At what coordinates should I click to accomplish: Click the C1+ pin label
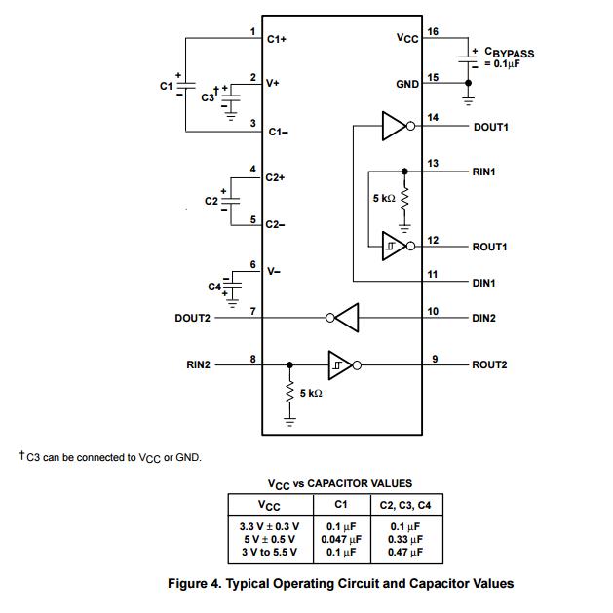(276, 40)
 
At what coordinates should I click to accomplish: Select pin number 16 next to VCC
(434, 31)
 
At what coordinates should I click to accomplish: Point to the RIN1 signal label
(484, 172)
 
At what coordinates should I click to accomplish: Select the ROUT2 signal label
(490, 365)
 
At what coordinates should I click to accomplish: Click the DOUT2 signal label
(192, 318)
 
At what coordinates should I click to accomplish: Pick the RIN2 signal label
(198, 365)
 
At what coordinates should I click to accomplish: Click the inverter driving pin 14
(395, 125)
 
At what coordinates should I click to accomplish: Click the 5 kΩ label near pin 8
(311, 393)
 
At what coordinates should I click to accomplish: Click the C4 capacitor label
(214, 287)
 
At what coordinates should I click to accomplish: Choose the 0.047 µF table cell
(341, 538)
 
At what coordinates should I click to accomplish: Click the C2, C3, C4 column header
(403, 505)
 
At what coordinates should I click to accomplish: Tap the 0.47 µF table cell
(404, 552)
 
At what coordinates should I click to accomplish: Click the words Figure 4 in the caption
(200, 584)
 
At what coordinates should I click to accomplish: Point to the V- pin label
(274, 272)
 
